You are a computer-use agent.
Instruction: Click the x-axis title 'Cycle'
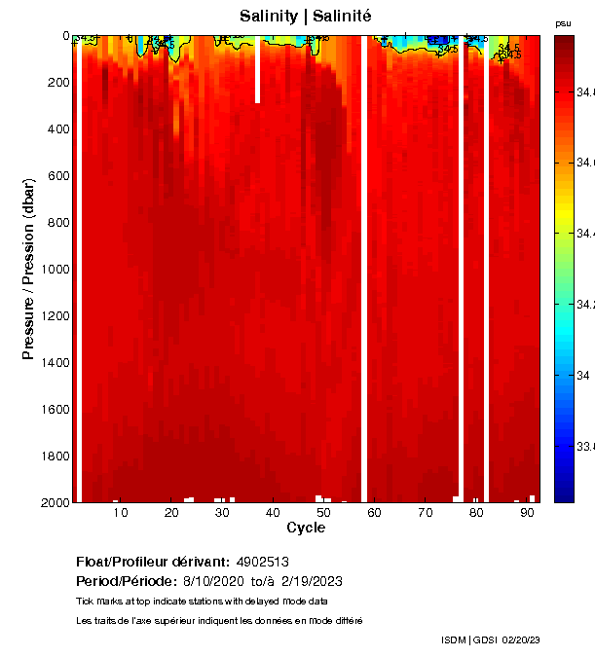click(x=306, y=528)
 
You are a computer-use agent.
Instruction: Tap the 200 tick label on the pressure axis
click(x=56, y=83)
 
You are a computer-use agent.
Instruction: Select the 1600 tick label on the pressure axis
click(x=52, y=410)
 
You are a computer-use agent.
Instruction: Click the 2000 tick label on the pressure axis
click(x=52, y=502)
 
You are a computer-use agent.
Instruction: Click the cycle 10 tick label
click(x=121, y=512)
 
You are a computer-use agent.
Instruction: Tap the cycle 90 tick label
click(x=527, y=512)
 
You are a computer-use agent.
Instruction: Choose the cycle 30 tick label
click(x=222, y=512)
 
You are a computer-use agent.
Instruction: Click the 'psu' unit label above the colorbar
click(x=563, y=23)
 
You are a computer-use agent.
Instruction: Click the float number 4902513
click(x=263, y=562)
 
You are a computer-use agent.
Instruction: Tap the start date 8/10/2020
click(x=213, y=581)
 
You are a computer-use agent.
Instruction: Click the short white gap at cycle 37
click(x=258, y=69)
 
